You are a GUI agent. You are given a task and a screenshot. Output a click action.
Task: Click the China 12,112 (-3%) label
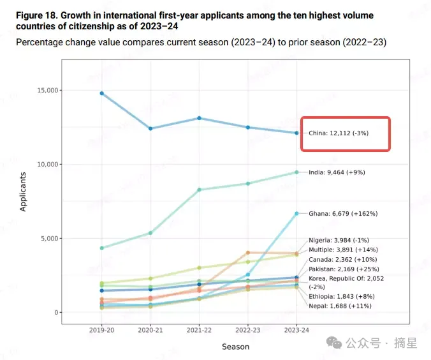tap(339, 133)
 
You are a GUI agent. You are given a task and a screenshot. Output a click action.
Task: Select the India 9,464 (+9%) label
tap(337, 172)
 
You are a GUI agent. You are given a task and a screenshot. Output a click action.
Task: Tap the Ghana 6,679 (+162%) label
tap(341, 213)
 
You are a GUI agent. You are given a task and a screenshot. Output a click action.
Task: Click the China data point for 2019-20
tap(101, 93)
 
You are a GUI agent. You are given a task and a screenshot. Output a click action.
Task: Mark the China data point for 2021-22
tap(199, 118)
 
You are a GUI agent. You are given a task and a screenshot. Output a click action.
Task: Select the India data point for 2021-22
tap(199, 190)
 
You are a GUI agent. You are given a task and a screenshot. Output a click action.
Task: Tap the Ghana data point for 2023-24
tap(296, 213)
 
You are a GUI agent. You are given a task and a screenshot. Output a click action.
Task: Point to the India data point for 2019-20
tap(101, 248)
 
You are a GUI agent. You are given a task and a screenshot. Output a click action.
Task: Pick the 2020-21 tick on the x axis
tap(150, 330)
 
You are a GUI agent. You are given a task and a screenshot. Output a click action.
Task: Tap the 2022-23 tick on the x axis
tap(247, 330)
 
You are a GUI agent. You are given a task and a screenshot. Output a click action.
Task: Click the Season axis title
tap(235, 347)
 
